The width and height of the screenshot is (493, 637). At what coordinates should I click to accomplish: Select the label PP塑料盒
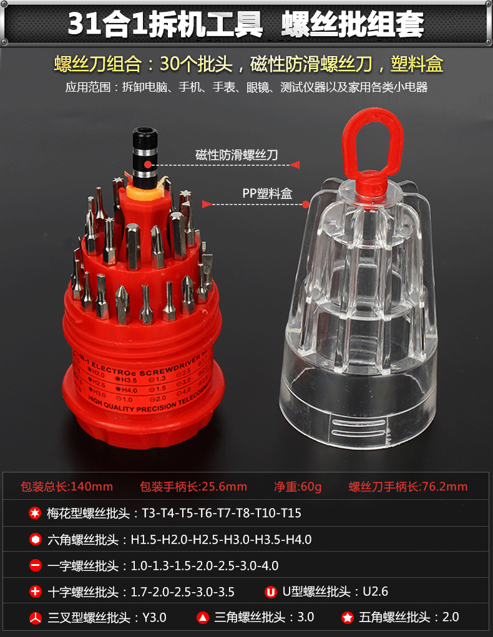tap(267, 194)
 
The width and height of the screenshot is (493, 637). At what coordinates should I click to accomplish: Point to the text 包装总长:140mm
tap(67, 487)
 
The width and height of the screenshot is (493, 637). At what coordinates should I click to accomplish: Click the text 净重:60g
tap(298, 487)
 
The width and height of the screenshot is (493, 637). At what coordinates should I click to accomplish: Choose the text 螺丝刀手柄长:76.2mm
tap(408, 487)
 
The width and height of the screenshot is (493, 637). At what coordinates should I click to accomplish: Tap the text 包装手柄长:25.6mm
tap(193, 487)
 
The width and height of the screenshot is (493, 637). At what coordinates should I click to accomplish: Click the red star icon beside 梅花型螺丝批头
tap(35, 514)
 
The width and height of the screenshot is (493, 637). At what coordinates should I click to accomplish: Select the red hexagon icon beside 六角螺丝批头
tap(35, 540)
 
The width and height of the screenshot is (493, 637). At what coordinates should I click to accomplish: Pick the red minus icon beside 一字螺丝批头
tap(35, 566)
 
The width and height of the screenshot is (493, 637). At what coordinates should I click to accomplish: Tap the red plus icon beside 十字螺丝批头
tap(35, 591)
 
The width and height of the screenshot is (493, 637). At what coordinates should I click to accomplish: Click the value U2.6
tap(375, 591)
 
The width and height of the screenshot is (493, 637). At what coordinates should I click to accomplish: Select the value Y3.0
tap(154, 618)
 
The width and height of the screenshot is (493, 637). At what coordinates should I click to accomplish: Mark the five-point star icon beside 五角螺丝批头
tap(348, 618)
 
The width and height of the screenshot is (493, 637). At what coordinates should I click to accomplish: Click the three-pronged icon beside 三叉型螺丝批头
tap(35, 618)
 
